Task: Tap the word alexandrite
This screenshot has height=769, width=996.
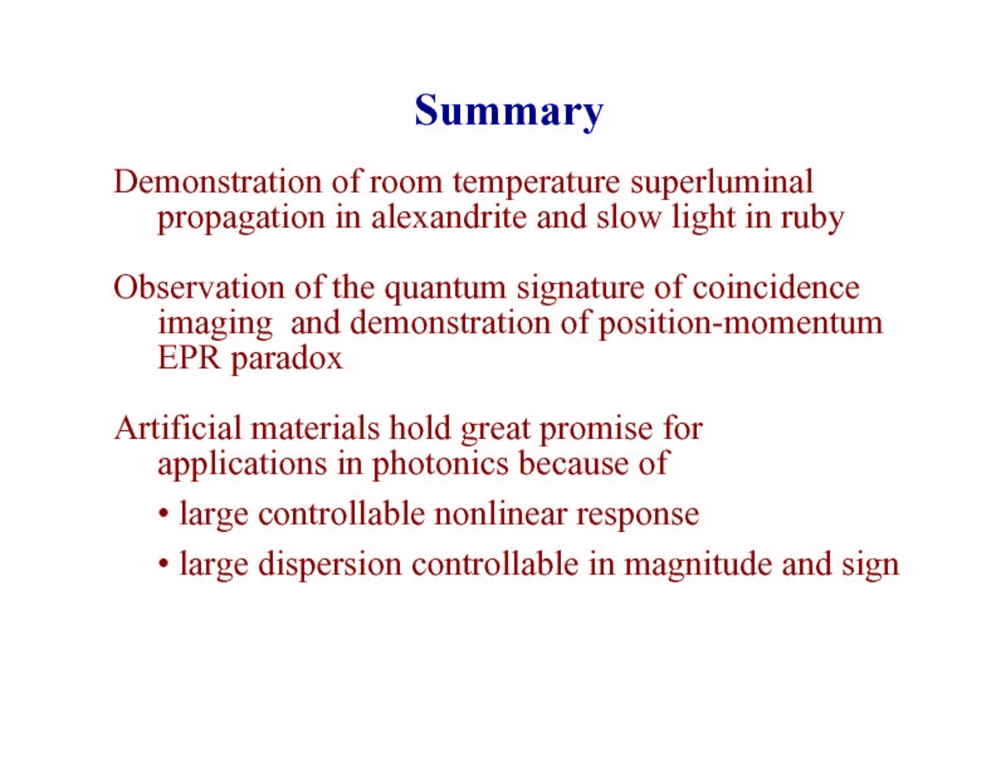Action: coord(449,217)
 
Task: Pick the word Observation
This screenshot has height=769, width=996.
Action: coord(199,288)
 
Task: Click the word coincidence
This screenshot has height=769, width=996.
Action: coord(775,288)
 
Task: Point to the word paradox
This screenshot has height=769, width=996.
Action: coord(287,359)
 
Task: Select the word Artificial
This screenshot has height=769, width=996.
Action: coord(178,428)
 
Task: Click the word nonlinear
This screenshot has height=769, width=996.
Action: coord(501,514)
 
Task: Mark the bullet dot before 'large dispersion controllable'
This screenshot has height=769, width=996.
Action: coord(163,565)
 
